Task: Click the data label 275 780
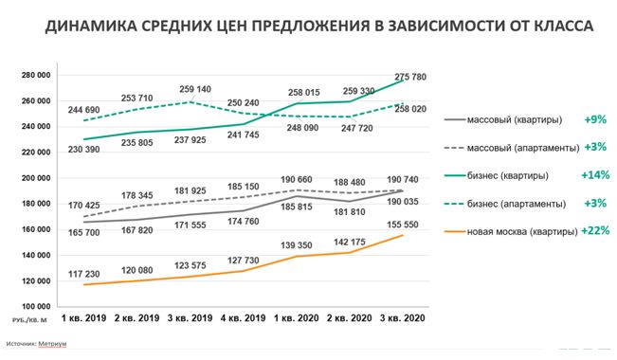[410, 77]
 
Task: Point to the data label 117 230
[83, 274]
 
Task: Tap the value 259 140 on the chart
[195, 89]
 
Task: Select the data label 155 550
[403, 225]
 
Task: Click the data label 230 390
[83, 150]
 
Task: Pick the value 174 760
[244, 222]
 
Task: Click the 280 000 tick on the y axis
[36, 75]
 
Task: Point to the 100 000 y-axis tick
[36, 307]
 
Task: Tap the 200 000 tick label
[36, 178]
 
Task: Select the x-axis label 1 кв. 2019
[83, 318]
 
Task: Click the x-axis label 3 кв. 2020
[403, 318]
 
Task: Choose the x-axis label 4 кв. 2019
[244, 318]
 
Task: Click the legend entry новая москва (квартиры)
[522, 232]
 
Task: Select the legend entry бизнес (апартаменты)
[517, 204]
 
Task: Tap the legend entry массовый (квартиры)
[515, 119]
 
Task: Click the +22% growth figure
[595, 230]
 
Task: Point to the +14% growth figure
[595, 174]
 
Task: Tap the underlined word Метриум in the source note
[52, 344]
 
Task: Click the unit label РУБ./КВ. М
[29, 320]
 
